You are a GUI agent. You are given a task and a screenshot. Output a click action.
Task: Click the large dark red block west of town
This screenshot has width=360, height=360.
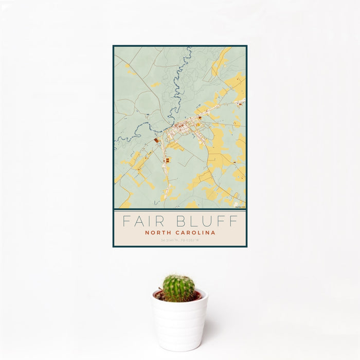[x=156, y=140]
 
